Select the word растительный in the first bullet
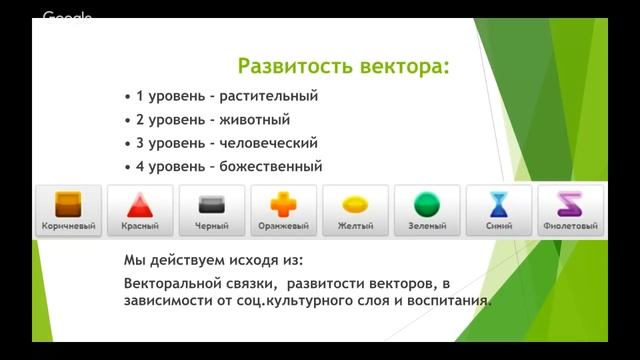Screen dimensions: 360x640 point(272,97)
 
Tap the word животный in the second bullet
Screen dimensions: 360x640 point(254,120)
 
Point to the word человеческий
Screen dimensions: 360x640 point(274,143)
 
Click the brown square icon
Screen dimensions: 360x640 point(68,205)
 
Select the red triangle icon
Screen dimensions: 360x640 point(140,205)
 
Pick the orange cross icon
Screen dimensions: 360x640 point(284,205)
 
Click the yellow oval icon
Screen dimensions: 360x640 point(356,205)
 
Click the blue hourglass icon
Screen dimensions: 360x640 point(499,205)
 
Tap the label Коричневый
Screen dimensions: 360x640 point(68,227)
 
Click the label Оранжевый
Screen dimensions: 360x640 point(284,227)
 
